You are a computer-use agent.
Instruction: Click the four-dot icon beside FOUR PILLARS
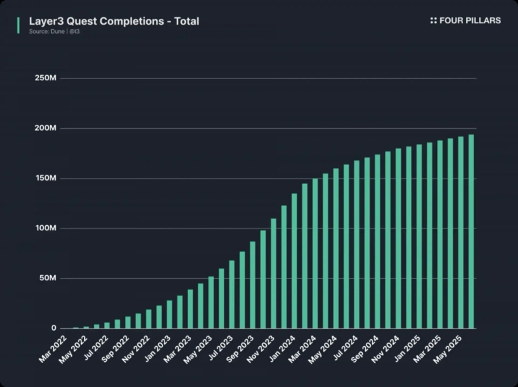433,21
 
